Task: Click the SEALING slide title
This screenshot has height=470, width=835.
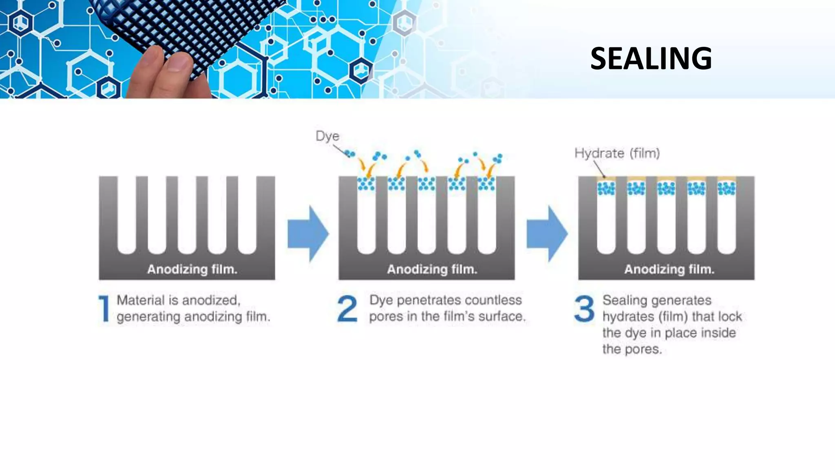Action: click(651, 58)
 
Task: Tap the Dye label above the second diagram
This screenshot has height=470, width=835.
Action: click(327, 136)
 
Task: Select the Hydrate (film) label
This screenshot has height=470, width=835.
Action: click(616, 153)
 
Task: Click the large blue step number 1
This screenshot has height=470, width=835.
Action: click(104, 308)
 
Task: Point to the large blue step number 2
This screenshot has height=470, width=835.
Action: click(347, 308)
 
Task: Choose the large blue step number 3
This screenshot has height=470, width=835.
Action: click(584, 308)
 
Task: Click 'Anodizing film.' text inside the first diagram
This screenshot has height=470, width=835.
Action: click(192, 269)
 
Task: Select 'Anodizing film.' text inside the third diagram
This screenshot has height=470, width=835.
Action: click(669, 269)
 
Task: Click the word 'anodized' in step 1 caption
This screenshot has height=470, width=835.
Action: click(211, 301)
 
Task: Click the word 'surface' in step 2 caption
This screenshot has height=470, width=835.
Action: click(501, 317)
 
